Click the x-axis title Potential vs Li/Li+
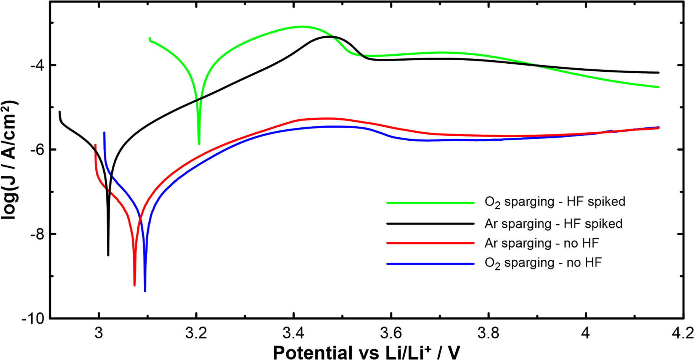(x=366, y=352)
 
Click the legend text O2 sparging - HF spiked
(x=555, y=202)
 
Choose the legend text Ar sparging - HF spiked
(x=553, y=223)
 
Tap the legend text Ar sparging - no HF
(x=541, y=243)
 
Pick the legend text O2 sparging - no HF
(x=543, y=263)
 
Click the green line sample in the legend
(x=430, y=203)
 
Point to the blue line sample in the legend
(x=430, y=264)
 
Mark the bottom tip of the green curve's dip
(x=199, y=144)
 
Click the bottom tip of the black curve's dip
(x=108, y=255)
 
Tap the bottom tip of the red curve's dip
(x=135, y=284)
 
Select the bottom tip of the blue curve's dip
(x=145, y=291)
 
